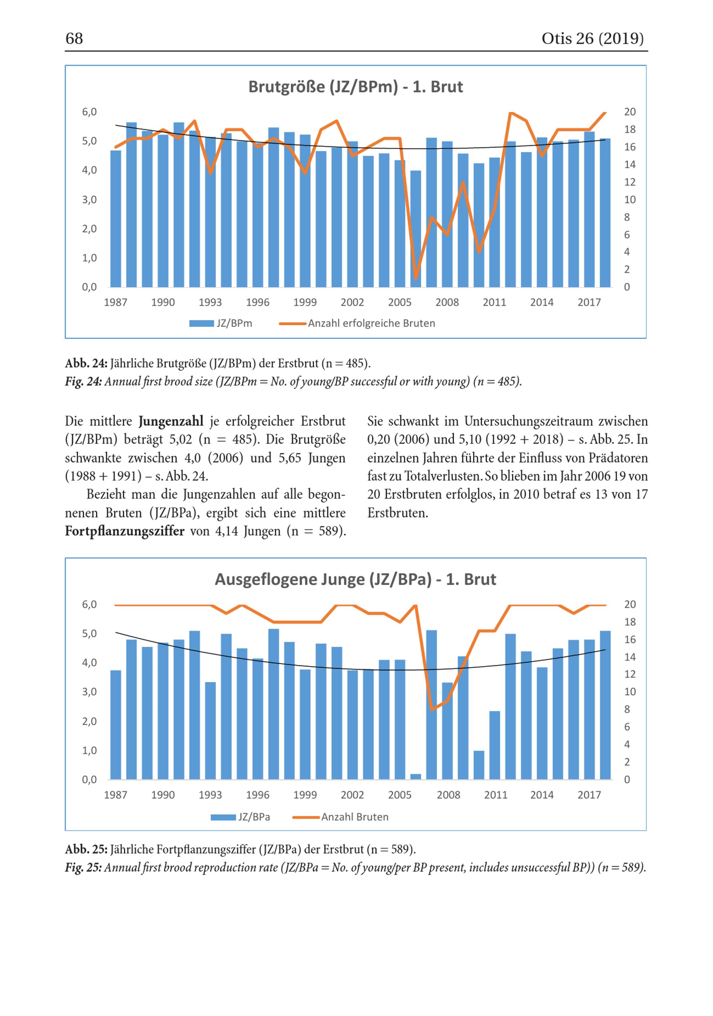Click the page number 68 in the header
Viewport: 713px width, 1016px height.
click(x=74, y=39)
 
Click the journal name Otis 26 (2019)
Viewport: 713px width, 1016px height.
click(x=592, y=39)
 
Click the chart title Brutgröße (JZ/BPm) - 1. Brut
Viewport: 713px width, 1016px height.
click(x=356, y=87)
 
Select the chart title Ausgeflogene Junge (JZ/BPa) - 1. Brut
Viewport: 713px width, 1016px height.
click(x=356, y=579)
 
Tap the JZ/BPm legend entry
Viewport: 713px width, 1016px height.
click(x=221, y=324)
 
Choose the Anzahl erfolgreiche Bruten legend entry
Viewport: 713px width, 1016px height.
click(x=357, y=324)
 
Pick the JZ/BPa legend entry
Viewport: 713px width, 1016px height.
click(x=240, y=817)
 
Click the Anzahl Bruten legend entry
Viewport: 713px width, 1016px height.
click(x=340, y=817)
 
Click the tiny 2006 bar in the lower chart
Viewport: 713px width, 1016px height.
click(x=416, y=777)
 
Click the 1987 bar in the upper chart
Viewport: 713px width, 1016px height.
click(x=116, y=219)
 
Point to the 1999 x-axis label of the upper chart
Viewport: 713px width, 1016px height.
click(x=305, y=302)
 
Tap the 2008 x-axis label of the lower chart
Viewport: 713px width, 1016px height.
click(x=448, y=795)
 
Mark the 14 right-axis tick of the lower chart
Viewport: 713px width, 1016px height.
click(x=630, y=657)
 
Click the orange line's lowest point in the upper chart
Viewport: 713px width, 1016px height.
click(x=416, y=279)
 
